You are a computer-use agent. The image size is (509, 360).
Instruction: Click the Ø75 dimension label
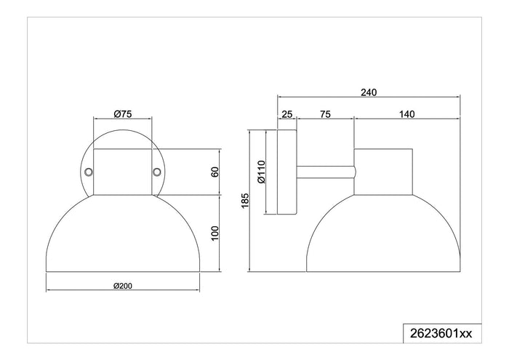123,114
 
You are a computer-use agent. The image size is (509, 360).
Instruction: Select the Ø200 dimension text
123,286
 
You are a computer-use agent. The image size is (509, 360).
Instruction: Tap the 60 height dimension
215,172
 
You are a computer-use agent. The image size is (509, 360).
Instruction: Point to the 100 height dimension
215,233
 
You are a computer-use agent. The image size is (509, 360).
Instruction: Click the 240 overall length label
369,92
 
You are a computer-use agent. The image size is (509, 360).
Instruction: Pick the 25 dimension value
287,114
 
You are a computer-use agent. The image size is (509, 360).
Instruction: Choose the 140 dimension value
406,114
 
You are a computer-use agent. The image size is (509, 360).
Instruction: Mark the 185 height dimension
245,201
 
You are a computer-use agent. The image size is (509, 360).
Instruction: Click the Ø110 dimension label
261,172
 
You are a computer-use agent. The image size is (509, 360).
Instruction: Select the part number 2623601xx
441,333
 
